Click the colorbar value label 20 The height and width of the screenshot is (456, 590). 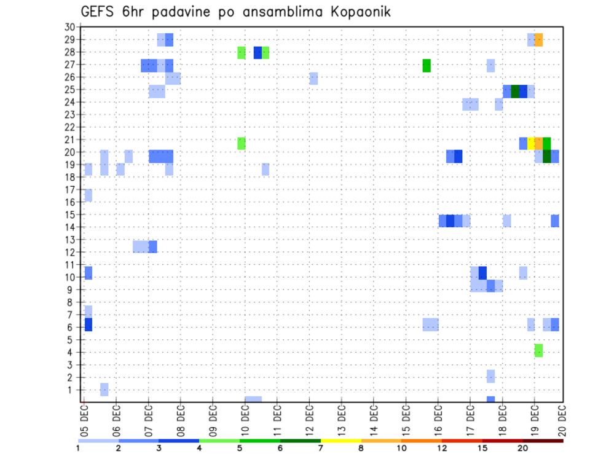[x=523, y=448]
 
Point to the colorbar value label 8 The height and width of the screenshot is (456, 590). [x=361, y=448]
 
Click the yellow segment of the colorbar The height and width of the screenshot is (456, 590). [x=340, y=440]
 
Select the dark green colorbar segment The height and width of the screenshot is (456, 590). [x=300, y=440]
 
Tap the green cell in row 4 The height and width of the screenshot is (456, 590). [x=538, y=350]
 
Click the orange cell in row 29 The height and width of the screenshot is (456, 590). [x=538, y=40]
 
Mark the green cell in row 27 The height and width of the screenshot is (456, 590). [x=427, y=65]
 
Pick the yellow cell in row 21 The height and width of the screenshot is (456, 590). [x=531, y=143]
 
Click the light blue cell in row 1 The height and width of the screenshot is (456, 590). [x=104, y=390]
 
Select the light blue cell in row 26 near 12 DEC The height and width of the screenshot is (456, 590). [x=313, y=78]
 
